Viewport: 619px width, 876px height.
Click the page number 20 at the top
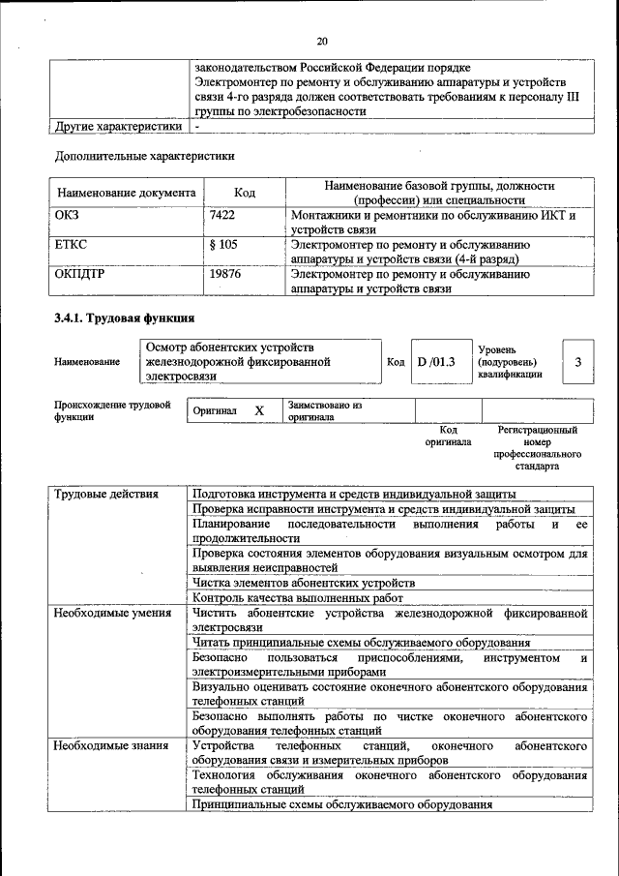[x=322, y=41]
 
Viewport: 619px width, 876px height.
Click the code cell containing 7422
[x=222, y=215]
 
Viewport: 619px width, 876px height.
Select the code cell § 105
[x=222, y=245]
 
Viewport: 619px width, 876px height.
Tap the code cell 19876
[x=224, y=274]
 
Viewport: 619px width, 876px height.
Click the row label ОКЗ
[x=69, y=215]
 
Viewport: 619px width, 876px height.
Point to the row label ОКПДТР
[x=80, y=274]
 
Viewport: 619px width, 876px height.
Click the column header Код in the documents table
[x=245, y=193]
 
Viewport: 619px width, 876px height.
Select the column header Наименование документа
[x=126, y=193]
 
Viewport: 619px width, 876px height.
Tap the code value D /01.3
[x=435, y=361]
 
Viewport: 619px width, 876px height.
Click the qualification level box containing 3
[x=577, y=361]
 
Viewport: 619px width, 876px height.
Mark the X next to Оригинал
[x=259, y=410]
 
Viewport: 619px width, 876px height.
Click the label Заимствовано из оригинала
[x=324, y=410]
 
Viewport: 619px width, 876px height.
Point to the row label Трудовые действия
[x=106, y=494]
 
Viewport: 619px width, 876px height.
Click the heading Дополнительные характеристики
[x=145, y=155]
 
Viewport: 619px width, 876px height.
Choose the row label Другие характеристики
[x=118, y=126]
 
